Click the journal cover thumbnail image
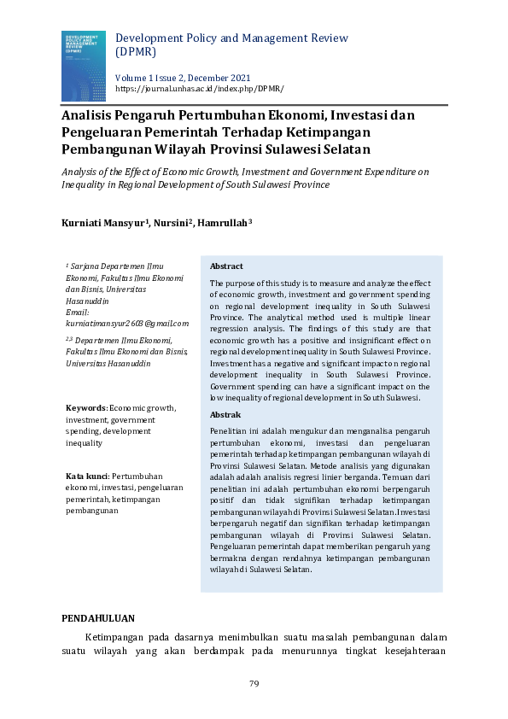point(83,66)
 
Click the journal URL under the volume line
point(199,89)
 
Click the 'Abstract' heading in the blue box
point(226,266)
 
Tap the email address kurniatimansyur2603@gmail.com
point(127,324)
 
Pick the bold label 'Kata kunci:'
point(87,475)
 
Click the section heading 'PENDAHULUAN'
point(99,617)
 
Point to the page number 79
point(254,684)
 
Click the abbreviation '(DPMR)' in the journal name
point(135,52)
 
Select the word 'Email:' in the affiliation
point(78,313)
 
